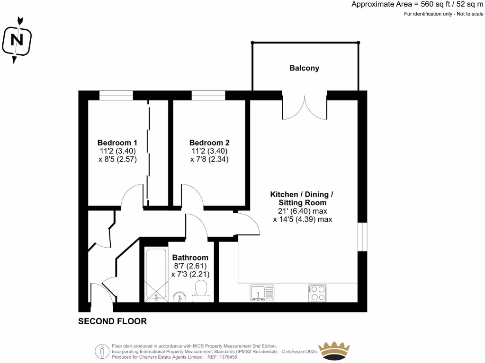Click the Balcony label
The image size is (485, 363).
coord(304,68)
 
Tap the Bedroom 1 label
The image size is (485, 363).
coord(117,143)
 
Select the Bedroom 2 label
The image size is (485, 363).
coord(209,143)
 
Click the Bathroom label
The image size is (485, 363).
coord(190,258)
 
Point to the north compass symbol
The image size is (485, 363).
coord(18,40)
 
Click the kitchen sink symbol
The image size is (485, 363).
coord(262,293)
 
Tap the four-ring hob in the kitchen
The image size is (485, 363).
coord(317,293)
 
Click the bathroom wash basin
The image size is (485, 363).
coord(180,296)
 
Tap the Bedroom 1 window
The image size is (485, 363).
coord(116,95)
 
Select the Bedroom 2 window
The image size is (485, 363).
coord(208,95)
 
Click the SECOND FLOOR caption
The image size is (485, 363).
coord(112,321)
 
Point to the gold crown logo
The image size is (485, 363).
coord(335,351)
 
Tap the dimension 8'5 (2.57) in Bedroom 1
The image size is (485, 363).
coord(117,160)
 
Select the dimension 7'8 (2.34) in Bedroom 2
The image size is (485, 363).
coord(209,160)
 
